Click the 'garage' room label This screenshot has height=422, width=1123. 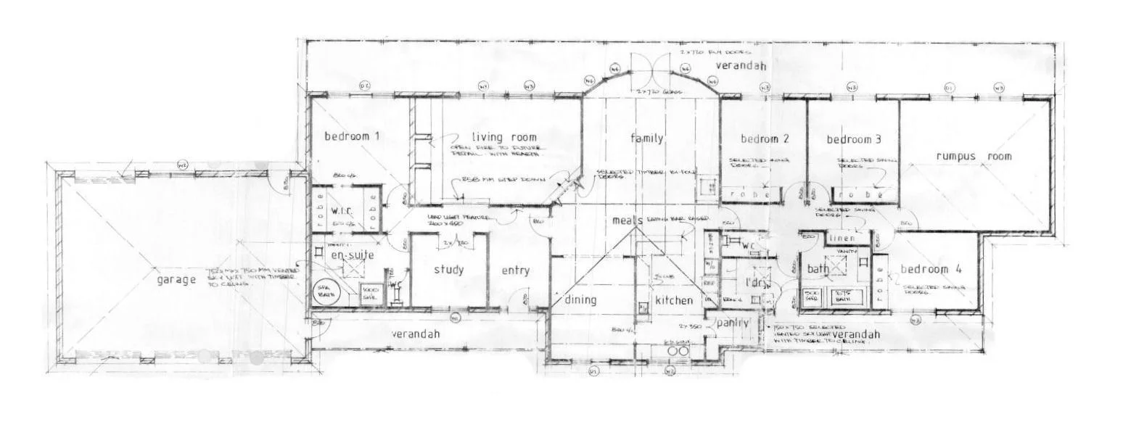click(x=176, y=280)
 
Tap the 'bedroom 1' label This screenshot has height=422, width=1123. click(x=352, y=136)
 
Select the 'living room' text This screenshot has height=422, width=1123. click(x=503, y=137)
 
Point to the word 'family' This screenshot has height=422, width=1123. click(x=647, y=138)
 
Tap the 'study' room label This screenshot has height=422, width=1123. click(x=448, y=270)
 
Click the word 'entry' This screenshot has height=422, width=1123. click(x=516, y=271)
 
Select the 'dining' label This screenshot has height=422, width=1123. click(x=580, y=299)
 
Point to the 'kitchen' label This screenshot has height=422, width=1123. click(x=674, y=300)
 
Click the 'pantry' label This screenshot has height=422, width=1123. click(x=733, y=323)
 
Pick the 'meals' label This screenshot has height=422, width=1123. click(x=628, y=220)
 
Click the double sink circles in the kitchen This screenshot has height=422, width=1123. click(x=676, y=351)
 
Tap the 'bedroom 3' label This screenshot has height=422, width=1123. click(x=854, y=138)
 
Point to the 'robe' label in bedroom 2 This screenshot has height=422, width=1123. click(x=746, y=194)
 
